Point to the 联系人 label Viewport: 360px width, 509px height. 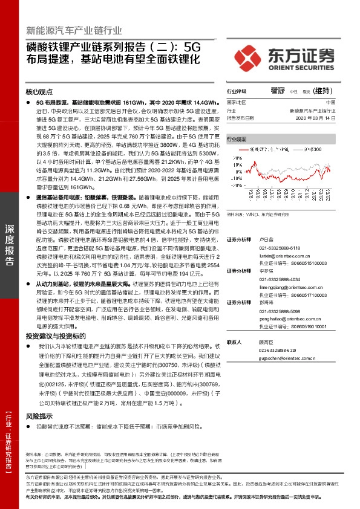[234, 342]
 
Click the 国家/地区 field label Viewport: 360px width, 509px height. [237, 103]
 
